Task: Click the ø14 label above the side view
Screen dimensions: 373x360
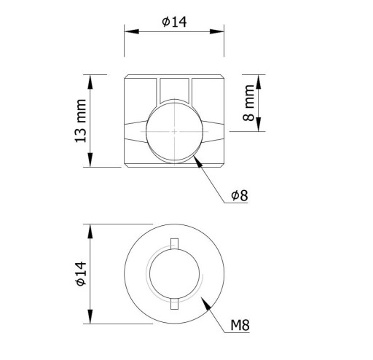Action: pyautogui.click(x=174, y=22)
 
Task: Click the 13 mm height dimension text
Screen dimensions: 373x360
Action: pyautogui.click(x=81, y=121)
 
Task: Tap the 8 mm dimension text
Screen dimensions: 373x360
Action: pyautogui.click(x=248, y=103)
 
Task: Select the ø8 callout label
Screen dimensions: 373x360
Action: pyautogui.click(x=240, y=195)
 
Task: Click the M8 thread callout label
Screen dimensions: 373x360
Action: pyautogui.click(x=240, y=325)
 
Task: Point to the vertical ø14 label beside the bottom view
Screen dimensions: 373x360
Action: pyautogui.click(x=81, y=274)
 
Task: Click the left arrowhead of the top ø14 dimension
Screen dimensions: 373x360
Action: pyautogui.click(x=132, y=31)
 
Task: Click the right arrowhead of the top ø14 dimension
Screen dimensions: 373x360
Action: pyautogui.click(x=216, y=31)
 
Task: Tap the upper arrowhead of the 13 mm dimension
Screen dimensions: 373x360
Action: pyautogui.click(x=90, y=82)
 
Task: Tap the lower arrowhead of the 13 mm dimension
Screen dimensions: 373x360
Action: pyautogui.click(x=90, y=160)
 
